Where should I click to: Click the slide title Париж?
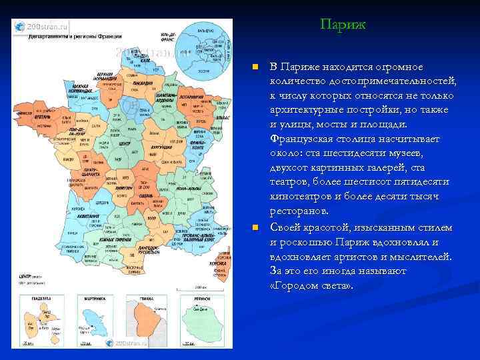coord(342,25)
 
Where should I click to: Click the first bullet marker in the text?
coord(254,67)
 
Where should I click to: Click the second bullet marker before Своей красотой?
coord(254,227)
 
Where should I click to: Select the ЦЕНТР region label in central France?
coord(125,143)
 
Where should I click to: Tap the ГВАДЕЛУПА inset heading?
coord(33,299)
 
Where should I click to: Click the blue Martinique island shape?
coord(89,319)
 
